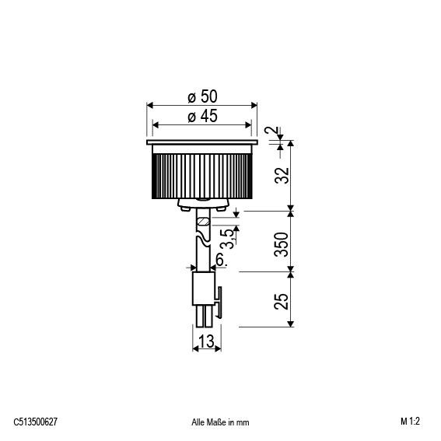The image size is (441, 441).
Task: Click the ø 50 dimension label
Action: (202, 96)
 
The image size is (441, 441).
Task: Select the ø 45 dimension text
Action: (202, 116)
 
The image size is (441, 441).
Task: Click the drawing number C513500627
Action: (36, 422)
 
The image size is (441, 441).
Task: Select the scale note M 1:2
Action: (413, 422)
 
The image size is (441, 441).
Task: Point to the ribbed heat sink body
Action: (202, 176)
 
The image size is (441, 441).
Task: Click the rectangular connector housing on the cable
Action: (203, 289)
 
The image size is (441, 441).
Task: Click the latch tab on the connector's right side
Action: (219, 302)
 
